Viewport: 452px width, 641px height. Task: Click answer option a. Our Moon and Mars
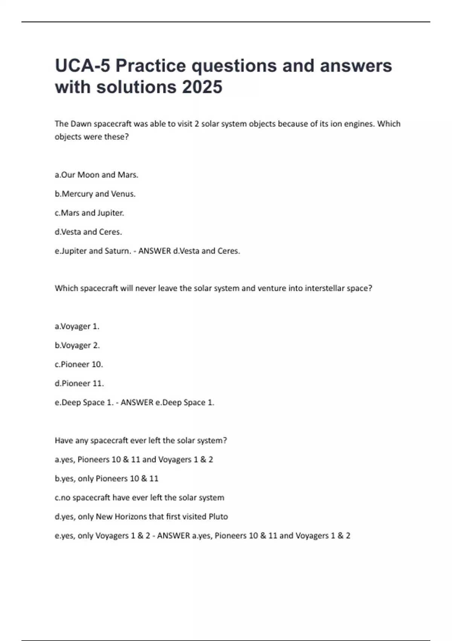pyautogui.click(x=96, y=175)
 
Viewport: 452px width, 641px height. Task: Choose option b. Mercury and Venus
pyautogui.click(x=95, y=194)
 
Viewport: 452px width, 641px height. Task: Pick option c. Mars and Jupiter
pyautogui.click(x=89, y=213)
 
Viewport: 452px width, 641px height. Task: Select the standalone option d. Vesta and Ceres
pyautogui.click(x=88, y=232)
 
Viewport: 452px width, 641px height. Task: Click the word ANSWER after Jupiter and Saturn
pyautogui.click(x=154, y=251)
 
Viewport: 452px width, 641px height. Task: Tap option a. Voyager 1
pyautogui.click(x=77, y=327)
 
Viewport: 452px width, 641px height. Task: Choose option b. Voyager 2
pyautogui.click(x=77, y=345)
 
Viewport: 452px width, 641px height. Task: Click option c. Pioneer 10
pyautogui.click(x=79, y=365)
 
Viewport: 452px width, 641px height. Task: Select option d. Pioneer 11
pyautogui.click(x=79, y=383)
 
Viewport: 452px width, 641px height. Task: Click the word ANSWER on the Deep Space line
pyautogui.click(x=137, y=403)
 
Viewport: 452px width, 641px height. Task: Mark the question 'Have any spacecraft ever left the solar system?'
pyautogui.click(x=141, y=440)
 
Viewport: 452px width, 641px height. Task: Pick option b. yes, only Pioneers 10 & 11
pyautogui.click(x=107, y=478)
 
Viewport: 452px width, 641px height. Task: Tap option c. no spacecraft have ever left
pyautogui.click(x=139, y=498)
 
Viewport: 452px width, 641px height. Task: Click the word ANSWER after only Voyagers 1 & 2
pyautogui.click(x=173, y=536)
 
